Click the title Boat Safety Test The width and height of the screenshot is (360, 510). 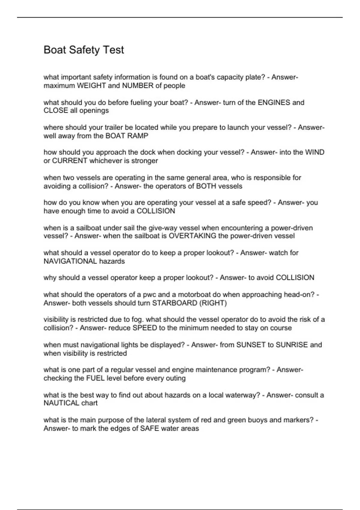(x=84, y=50)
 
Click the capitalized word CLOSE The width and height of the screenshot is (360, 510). (x=55, y=110)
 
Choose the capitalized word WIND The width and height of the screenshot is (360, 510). (x=315, y=152)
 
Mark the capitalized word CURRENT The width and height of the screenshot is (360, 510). (x=70, y=161)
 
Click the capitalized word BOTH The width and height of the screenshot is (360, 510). (x=206, y=186)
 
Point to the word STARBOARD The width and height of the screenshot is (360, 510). (x=175, y=303)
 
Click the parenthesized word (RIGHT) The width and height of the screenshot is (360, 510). (x=213, y=303)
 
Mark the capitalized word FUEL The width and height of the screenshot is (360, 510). (x=95, y=378)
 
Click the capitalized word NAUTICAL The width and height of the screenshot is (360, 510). (x=61, y=403)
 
